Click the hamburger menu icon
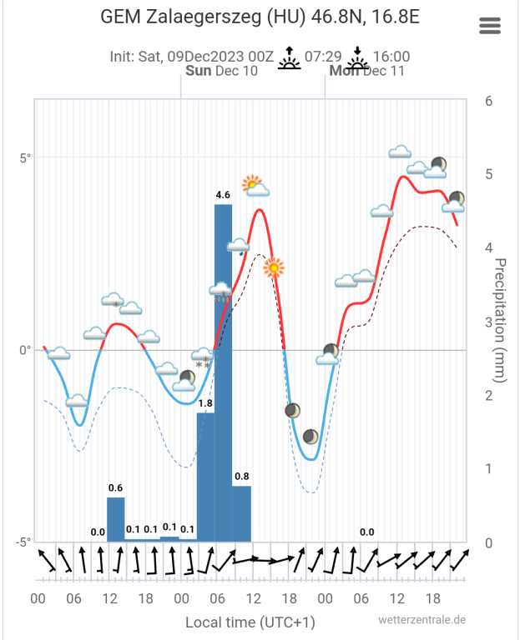click(490, 26)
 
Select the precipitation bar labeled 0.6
click(116, 519)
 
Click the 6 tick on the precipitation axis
click(488, 100)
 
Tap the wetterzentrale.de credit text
click(422, 620)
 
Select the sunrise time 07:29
click(323, 57)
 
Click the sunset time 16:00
click(391, 57)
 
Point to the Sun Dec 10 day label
click(221, 71)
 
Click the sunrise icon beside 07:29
click(289, 57)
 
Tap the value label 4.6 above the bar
click(223, 194)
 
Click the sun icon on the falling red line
click(274, 268)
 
